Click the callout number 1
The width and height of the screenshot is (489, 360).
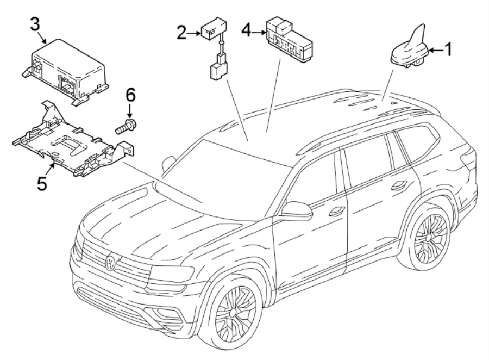tap(448, 50)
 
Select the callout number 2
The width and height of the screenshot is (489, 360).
tap(181, 33)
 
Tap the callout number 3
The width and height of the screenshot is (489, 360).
tap(35, 23)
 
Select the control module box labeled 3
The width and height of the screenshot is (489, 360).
tap(68, 71)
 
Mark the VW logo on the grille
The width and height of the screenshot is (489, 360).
tap(111, 262)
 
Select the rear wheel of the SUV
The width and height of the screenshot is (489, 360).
tap(430, 237)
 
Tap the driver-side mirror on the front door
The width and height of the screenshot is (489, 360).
tap(298, 211)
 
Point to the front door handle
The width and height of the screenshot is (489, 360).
tap(337, 211)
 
